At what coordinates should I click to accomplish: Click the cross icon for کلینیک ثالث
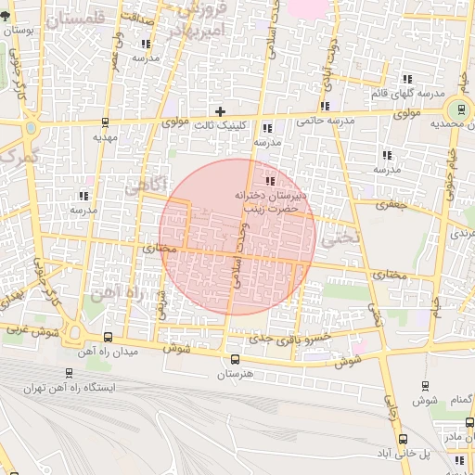[x=220, y=111]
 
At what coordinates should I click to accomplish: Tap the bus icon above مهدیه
[x=105, y=122]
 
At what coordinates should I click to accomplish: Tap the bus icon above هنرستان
[x=234, y=359]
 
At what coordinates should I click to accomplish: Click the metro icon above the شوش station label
[x=426, y=385]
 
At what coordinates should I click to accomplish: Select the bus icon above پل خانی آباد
[x=403, y=438]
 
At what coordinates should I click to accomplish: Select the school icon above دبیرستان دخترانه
[x=270, y=181]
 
